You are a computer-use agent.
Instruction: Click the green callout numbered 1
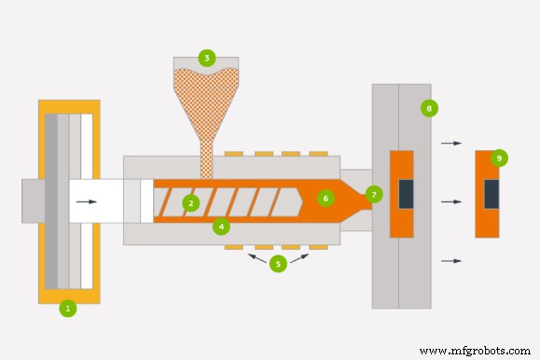click(x=67, y=308)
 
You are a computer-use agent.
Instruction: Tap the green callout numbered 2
click(x=190, y=202)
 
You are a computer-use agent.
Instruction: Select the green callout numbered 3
click(x=206, y=58)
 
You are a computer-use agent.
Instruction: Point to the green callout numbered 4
click(x=220, y=226)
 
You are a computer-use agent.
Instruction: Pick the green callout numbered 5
click(x=277, y=264)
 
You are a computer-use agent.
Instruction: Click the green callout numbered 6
click(x=325, y=198)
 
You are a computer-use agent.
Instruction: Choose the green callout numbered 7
click(x=374, y=194)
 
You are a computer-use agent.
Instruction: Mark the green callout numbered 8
click(x=429, y=108)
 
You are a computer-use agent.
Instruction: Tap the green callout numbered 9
click(x=499, y=159)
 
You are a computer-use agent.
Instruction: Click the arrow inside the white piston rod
click(x=86, y=201)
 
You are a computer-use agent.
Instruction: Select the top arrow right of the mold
click(x=451, y=144)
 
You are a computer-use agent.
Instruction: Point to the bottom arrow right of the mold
click(x=451, y=261)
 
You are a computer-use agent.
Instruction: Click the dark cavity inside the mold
click(x=406, y=194)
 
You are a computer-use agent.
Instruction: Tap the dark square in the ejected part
click(x=491, y=194)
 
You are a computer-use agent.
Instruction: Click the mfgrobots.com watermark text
click(x=475, y=351)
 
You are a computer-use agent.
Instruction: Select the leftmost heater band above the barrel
click(x=233, y=153)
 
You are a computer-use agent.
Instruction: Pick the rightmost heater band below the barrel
click(x=318, y=247)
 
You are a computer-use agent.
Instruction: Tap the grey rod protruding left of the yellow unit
click(x=30, y=201)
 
